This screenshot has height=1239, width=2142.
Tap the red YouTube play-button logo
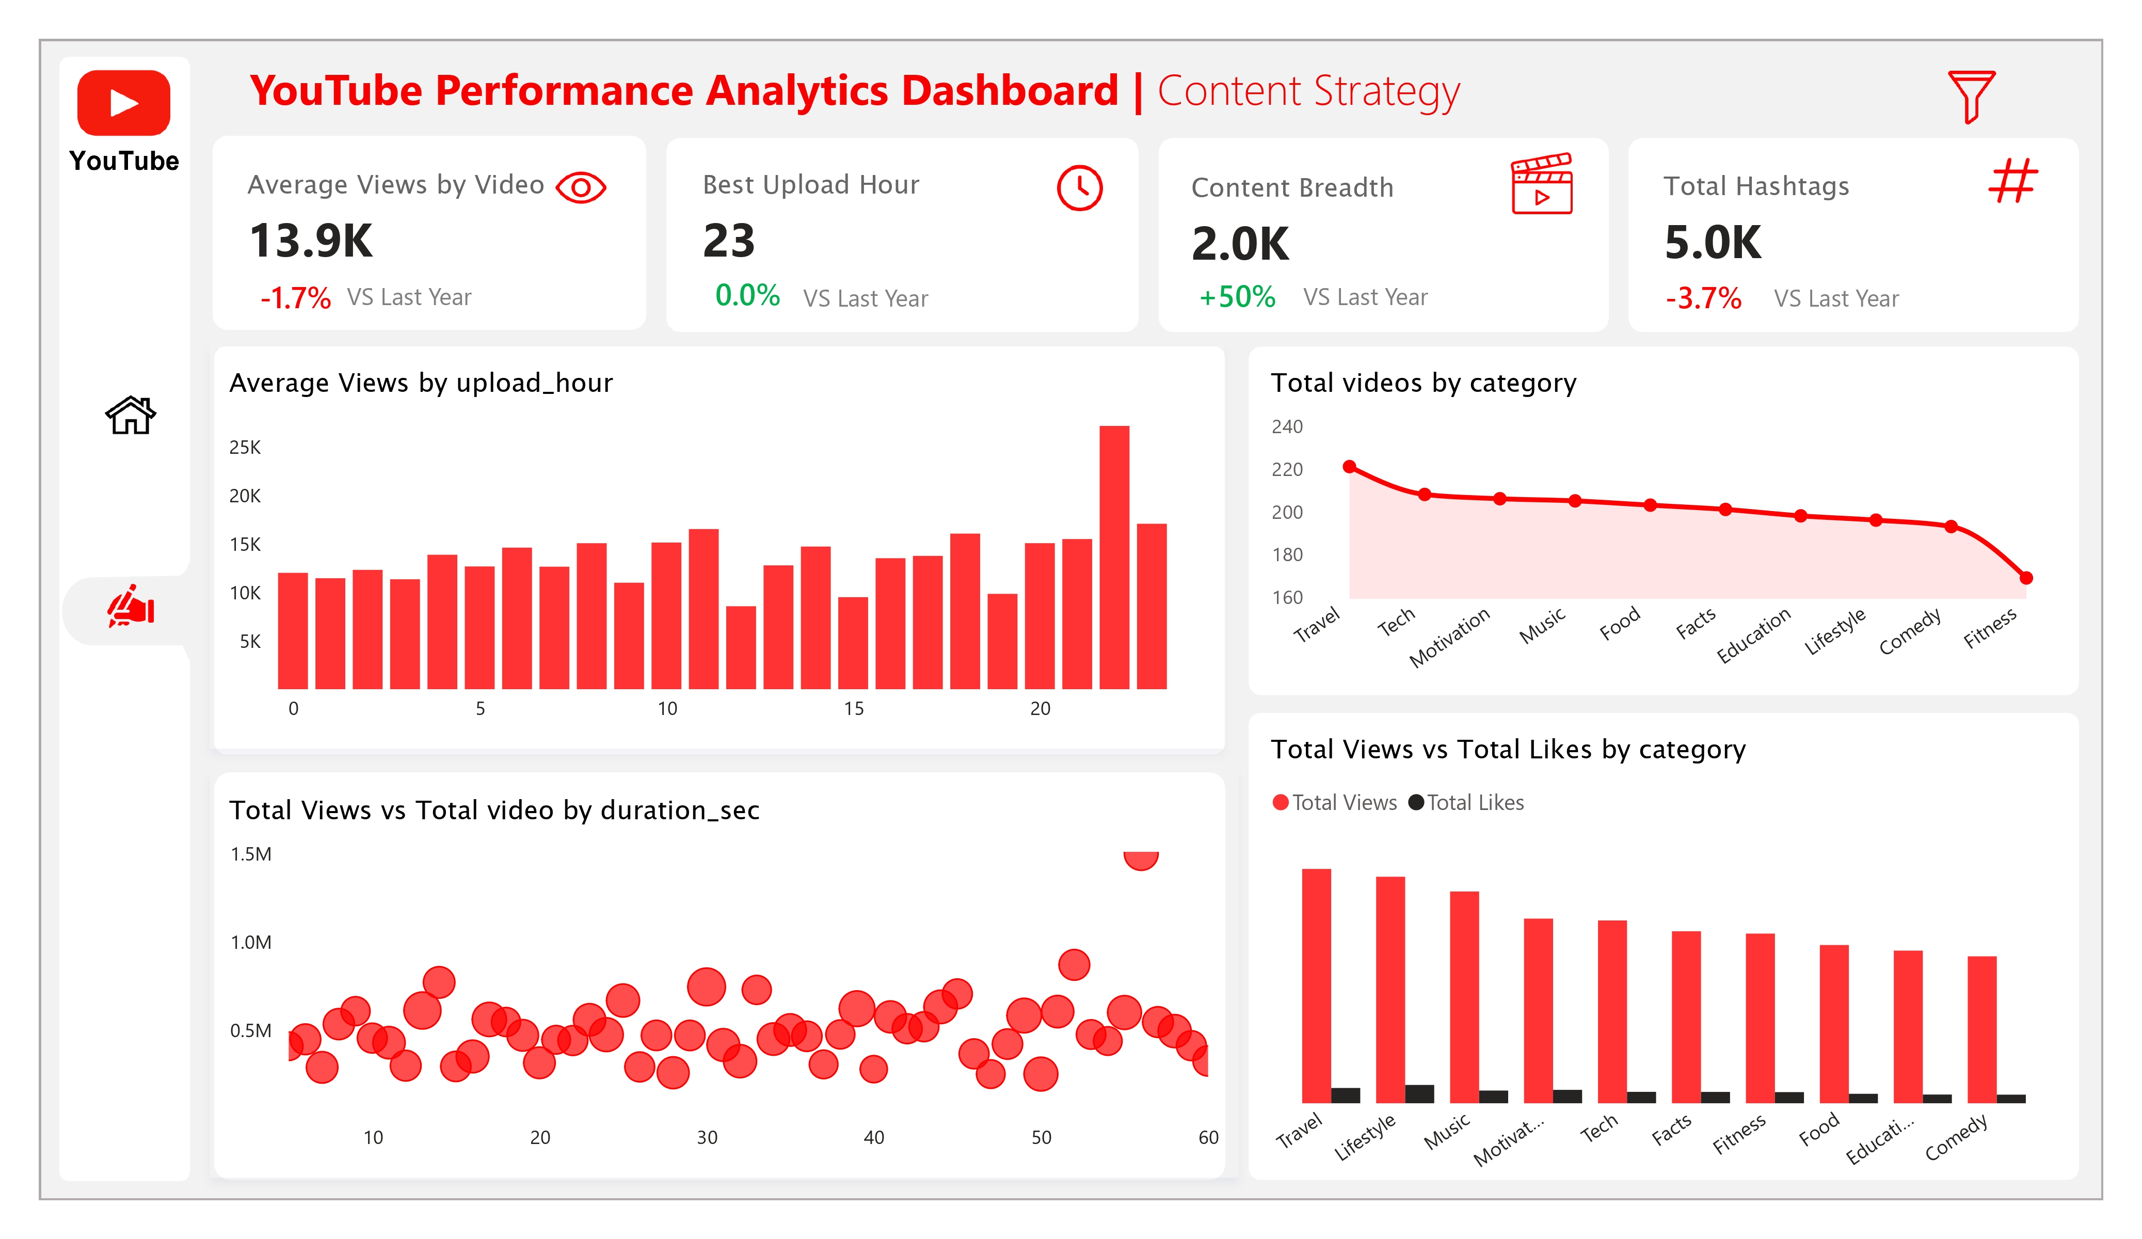(124, 103)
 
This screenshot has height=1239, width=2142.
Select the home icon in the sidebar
(130, 415)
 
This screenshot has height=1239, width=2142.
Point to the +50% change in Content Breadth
(1237, 297)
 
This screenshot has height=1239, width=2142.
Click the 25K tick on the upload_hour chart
(245, 447)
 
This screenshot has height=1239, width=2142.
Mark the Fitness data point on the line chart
(2026, 578)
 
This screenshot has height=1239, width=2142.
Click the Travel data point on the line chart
(1349, 466)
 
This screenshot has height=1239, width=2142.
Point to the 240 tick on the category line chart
(1287, 427)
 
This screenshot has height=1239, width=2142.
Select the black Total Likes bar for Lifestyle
(1419, 1093)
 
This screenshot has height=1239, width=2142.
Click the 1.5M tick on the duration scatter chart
(251, 854)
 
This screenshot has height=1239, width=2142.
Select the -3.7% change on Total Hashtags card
(1703, 298)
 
